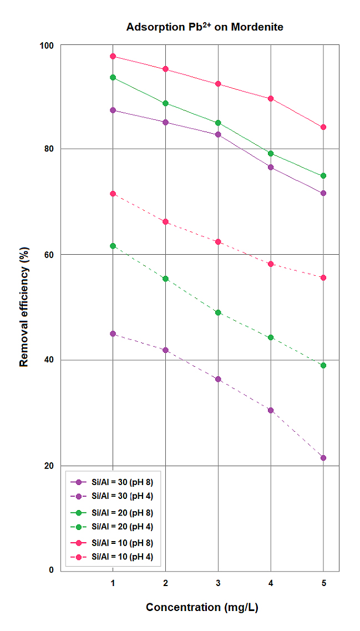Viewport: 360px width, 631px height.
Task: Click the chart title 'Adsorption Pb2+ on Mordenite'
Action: point(205,27)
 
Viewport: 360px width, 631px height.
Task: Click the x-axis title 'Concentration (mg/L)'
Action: point(202,607)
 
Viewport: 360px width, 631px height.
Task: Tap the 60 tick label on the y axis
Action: point(49,255)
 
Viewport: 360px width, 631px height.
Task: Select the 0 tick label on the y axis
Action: point(52,570)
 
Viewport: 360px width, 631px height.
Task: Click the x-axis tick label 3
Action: point(218,583)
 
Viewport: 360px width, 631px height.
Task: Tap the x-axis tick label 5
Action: point(323,583)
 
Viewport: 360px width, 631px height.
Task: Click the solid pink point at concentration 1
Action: point(113,56)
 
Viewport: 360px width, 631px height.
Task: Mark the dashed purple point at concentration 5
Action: point(323,458)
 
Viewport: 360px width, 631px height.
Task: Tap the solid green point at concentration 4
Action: point(271,153)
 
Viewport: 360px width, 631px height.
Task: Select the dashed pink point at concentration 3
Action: point(218,242)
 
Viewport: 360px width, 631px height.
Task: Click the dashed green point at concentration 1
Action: point(113,246)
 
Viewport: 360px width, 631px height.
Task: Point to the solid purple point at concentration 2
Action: point(165,122)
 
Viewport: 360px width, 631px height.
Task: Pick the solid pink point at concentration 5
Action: point(323,127)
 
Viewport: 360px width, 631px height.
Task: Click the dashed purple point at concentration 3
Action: point(218,379)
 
